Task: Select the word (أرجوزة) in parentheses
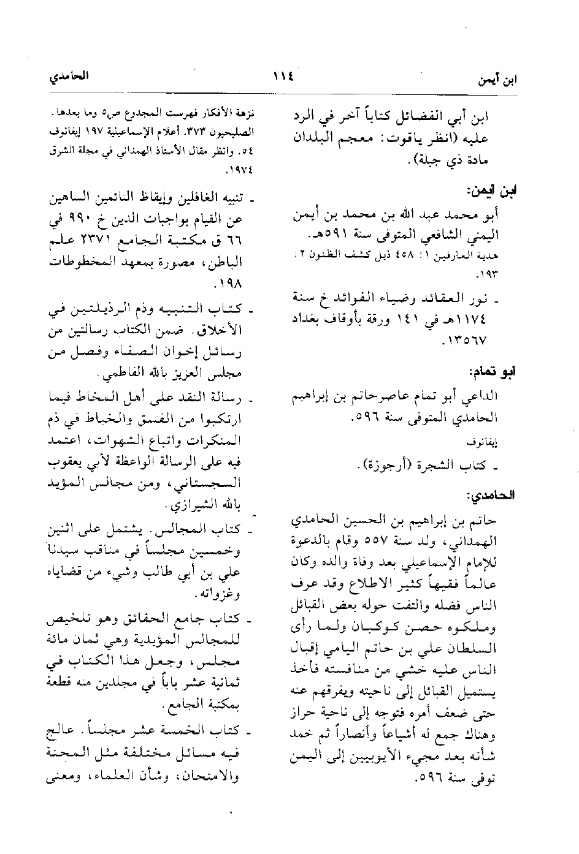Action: (x=383, y=467)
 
